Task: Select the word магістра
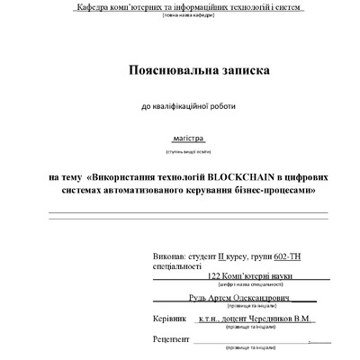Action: (x=188, y=140)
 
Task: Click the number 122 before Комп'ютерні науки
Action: (x=214, y=277)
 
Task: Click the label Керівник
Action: (x=170, y=319)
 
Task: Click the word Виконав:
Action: (x=173, y=255)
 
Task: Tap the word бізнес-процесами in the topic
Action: (x=274, y=190)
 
